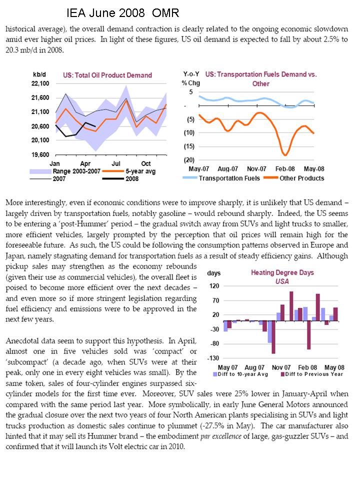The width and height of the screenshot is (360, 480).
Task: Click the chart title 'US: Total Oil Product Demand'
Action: pyautogui.click(x=107, y=75)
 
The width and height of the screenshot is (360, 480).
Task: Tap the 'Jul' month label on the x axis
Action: pyautogui.click(x=116, y=163)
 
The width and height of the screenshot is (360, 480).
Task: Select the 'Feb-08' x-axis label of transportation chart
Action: pyautogui.click(x=287, y=168)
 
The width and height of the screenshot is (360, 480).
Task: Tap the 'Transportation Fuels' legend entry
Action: pyautogui.click(x=229, y=178)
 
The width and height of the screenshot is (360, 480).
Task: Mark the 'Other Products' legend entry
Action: pyautogui.click(x=301, y=178)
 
